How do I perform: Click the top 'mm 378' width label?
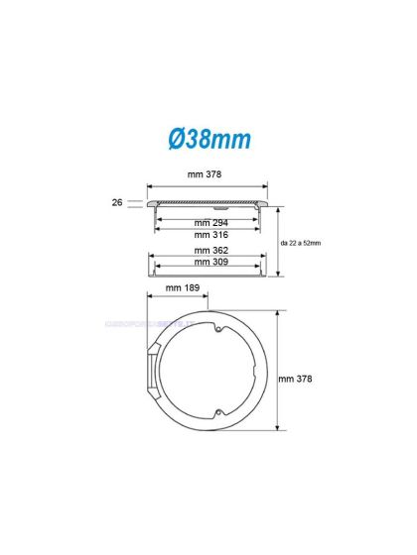click(208, 174)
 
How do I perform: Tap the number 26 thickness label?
click(117, 201)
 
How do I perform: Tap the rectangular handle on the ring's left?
click(151, 379)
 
